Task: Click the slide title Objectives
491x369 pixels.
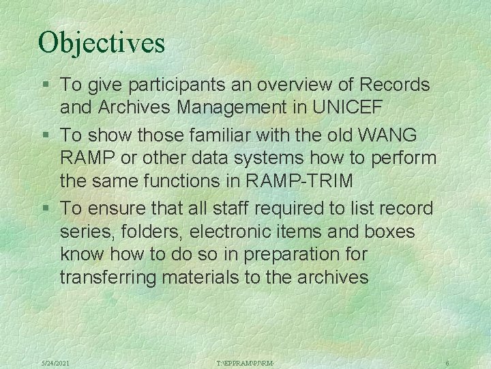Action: pos(102,42)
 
